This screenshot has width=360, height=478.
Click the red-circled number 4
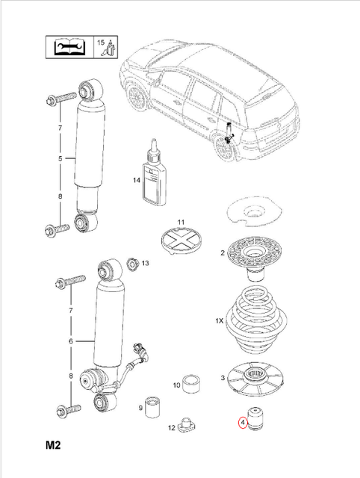pos(243,422)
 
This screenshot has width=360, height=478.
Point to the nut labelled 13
pos(134,263)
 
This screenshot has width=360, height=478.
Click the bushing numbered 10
pos(193,383)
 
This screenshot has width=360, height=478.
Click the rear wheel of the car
pos(223,146)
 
